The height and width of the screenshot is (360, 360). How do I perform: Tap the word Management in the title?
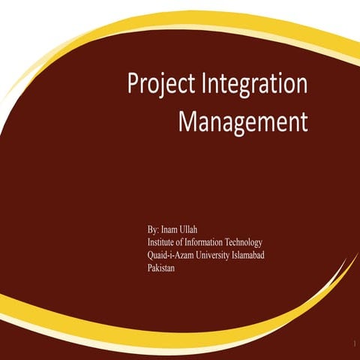[x=242, y=121]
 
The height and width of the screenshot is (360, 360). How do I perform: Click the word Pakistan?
[x=161, y=268]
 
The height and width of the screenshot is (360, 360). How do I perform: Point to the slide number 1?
[x=351, y=343]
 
